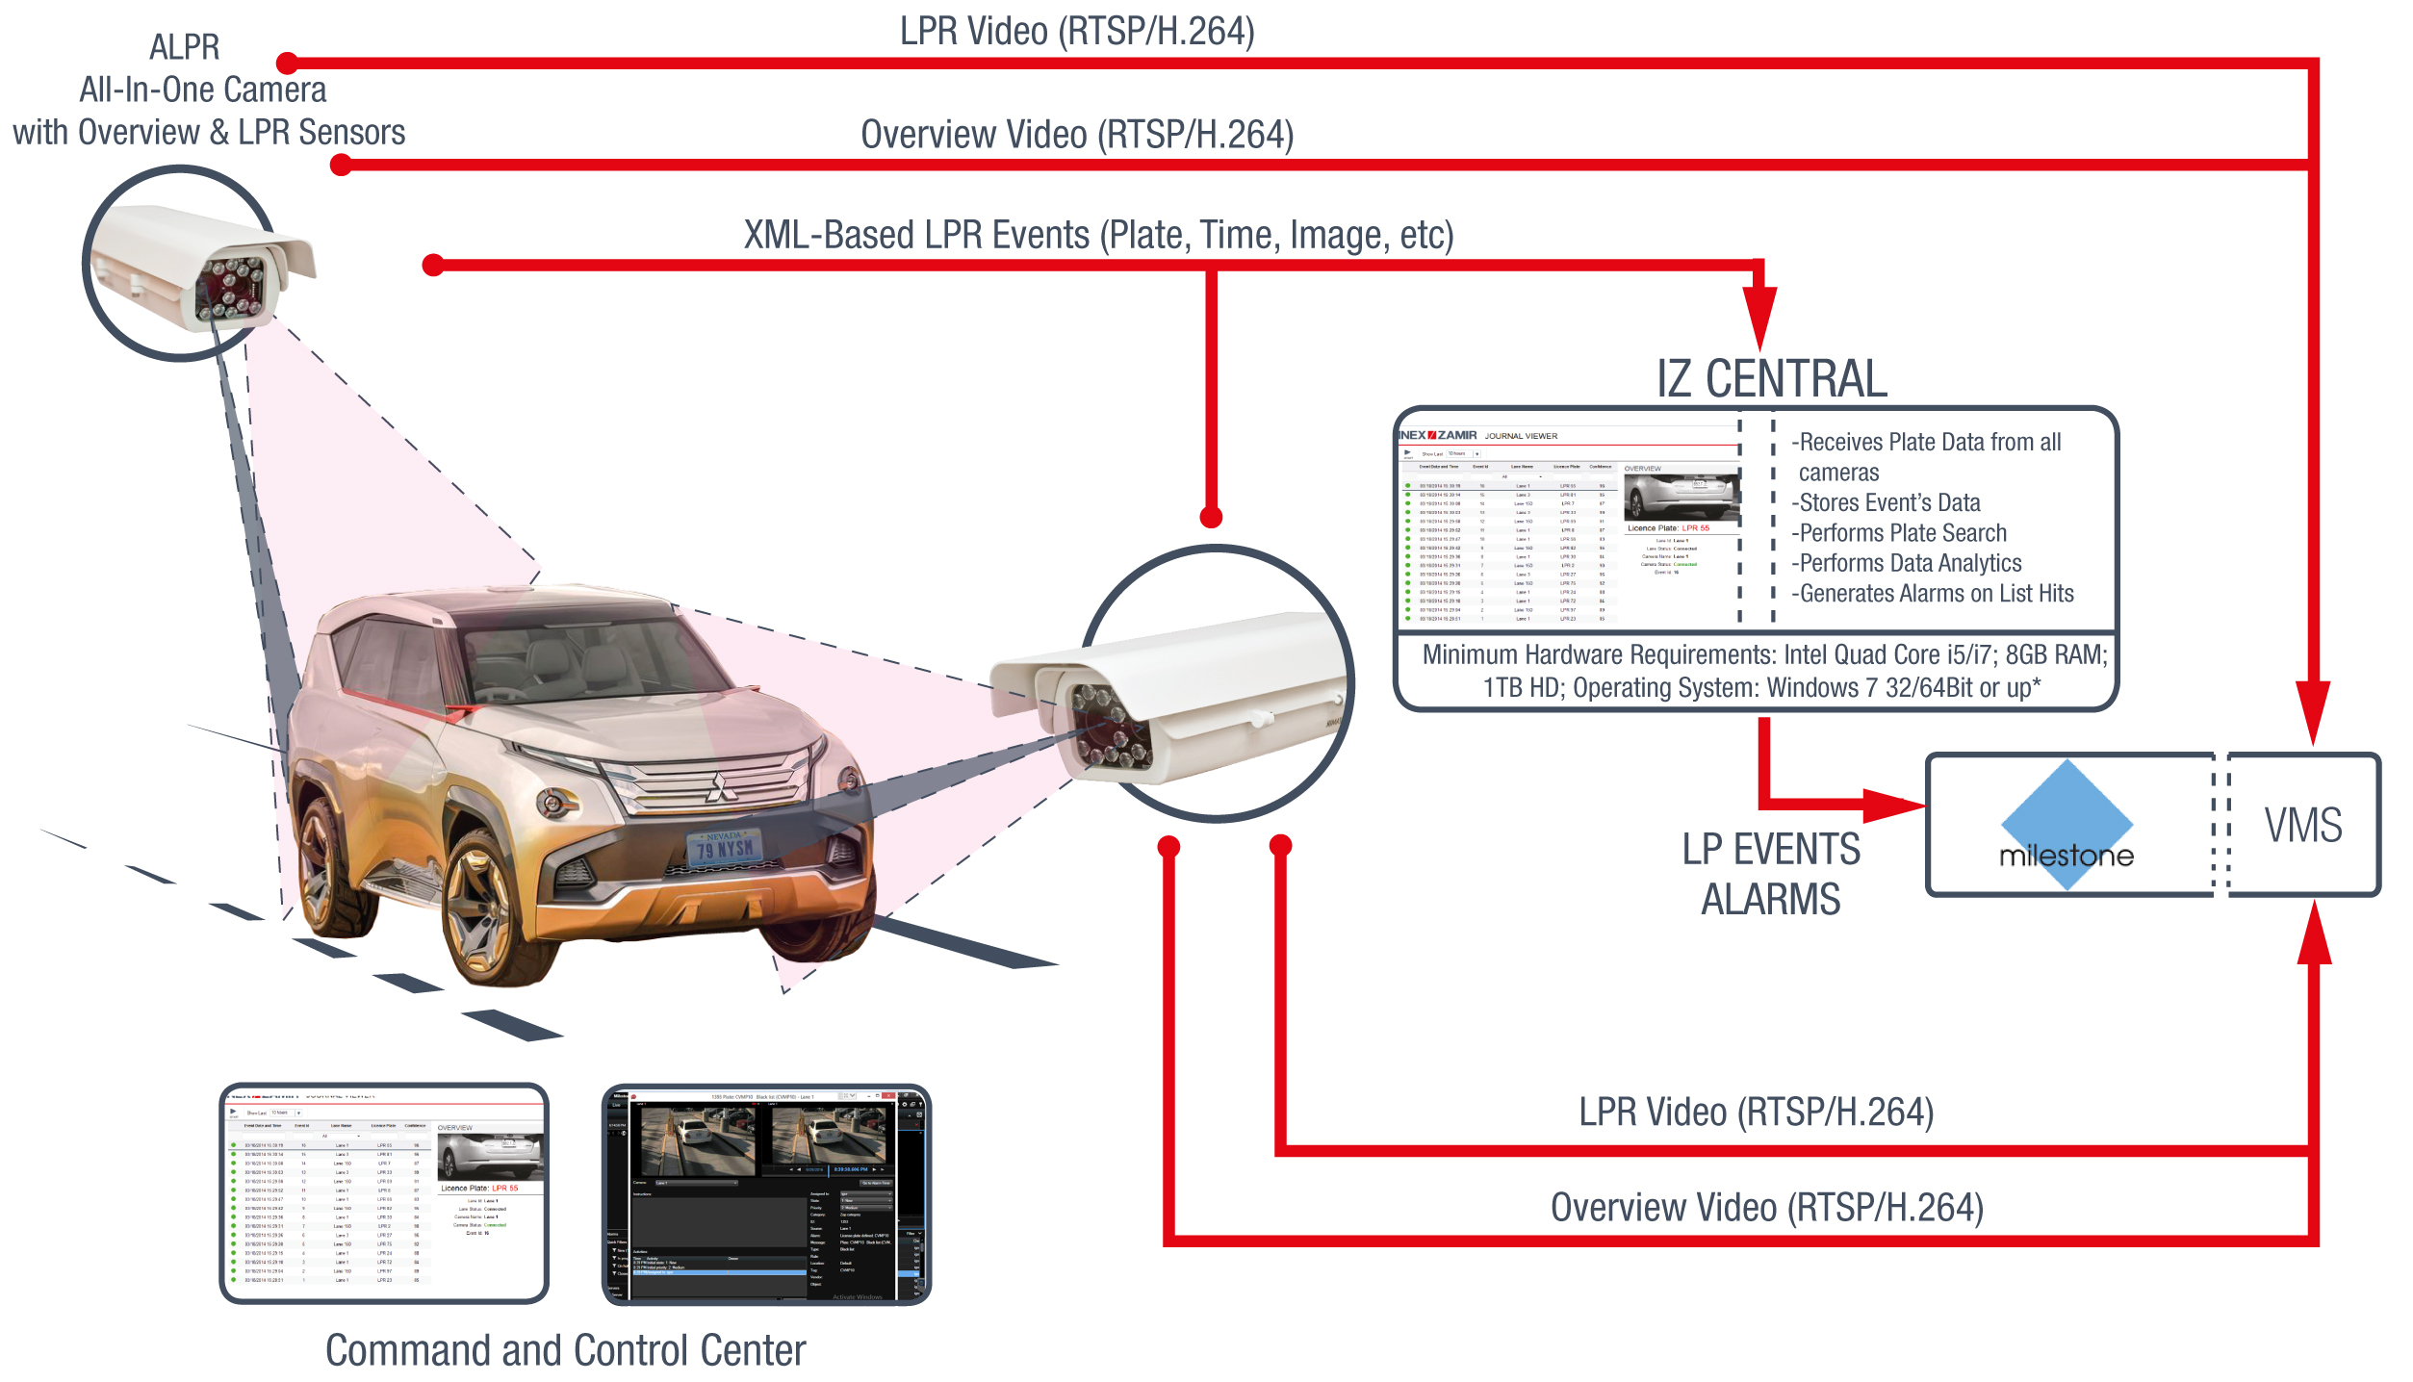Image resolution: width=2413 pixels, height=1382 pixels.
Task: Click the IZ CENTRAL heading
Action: tap(1771, 378)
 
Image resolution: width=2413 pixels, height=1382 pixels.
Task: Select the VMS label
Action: tap(2303, 826)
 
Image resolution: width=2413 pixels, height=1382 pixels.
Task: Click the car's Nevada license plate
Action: tap(725, 847)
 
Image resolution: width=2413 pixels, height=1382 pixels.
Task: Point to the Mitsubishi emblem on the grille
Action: tap(717, 787)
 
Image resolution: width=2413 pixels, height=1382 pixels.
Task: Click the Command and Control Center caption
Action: tap(565, 1350)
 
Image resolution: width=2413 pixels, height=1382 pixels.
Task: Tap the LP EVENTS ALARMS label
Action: tap(1771, 874)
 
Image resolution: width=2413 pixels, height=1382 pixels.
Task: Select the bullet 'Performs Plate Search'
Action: tap(1901, 533)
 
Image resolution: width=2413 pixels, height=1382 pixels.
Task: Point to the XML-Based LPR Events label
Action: tap(1098, 235)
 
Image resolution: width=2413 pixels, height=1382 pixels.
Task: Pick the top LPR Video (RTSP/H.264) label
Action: tap(1077, 32)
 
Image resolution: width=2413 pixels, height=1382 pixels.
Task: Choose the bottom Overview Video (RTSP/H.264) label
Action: tap(1767, 1208)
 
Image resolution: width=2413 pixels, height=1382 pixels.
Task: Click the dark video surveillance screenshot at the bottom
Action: tap(766, 1194)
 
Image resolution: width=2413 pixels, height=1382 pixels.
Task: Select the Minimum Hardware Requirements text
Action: tap(1763, 671)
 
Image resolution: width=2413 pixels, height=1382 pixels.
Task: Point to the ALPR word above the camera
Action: tap(185, 47)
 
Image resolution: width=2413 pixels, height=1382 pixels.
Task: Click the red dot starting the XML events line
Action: tap(433, 265)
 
